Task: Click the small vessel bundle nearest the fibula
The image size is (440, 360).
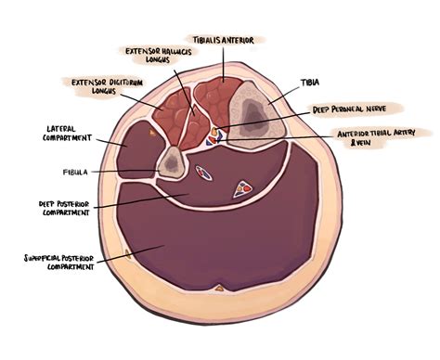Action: click(x=203, y=172)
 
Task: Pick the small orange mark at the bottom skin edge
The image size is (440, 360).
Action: click(x=217, y=289)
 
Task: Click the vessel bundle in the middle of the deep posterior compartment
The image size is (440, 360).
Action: click(x=245, y=185)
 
